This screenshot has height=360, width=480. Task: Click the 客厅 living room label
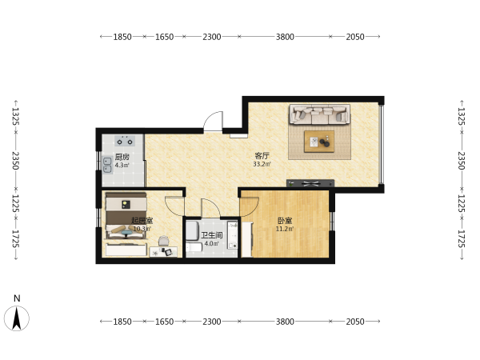pyautogui.click(x=262, y=155)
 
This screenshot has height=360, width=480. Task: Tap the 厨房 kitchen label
pyautogui.click(x=122, y=157)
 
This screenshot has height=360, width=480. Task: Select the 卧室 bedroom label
pyautogui.click(x=285, y=221)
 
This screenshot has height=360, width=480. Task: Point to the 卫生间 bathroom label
pyautogui.click(x=211, y=235)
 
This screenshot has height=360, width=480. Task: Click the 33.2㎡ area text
pyautogui.click(x=262, y=164)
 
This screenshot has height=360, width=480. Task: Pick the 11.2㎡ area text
pyautogui.click(x=285, y=229)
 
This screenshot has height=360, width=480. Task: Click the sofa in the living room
pyautogui.click(x=320, y=114)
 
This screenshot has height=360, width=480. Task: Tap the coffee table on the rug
pyautogui.click(x=319, y=142)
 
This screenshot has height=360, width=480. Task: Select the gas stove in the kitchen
pyautogui.click(x=125, y=141)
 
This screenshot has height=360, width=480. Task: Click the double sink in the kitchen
pyautogui.click(x=107, y=166)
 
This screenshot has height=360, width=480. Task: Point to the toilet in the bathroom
pyautogui.click(x=194, y=246)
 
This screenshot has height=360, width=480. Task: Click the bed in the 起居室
pyautogui.click(x=126, y=215)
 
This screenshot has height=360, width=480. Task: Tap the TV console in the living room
pyautogui.click(x=310, y=183)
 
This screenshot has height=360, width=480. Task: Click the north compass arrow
pyautogui.click(x=17, y=318)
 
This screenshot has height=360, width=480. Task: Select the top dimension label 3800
pyautogui.click(x=285, y=37)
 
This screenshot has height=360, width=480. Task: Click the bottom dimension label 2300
pyautogui.click(x=211, y=322)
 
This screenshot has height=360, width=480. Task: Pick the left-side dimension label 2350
pyautogui.click(x=16, y=161)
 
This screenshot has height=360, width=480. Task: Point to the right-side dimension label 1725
pyautogui.click(x=462, y=238)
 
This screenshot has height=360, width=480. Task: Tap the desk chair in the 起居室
pyautogui.click(x=163, y=240)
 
